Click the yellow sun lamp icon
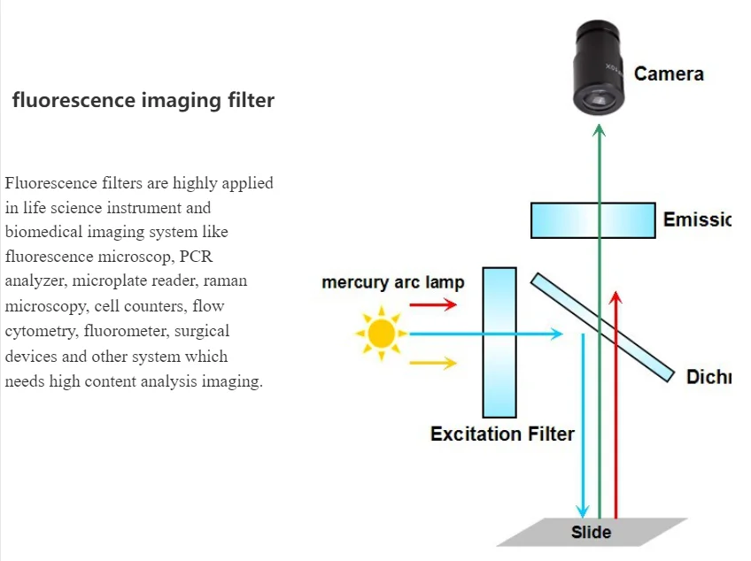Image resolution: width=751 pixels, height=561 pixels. pyautogui.click(x=382, y=334)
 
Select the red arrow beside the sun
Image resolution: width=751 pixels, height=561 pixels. pyautogui.click(x=433, y=304)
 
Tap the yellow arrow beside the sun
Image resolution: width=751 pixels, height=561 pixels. pyautogui.click(x=433, y=363)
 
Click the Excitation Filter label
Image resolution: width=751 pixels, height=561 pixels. pyautogui.click(x=502, y=434)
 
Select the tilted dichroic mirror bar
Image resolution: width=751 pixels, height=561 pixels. pyautogui.click(x=601, y=327)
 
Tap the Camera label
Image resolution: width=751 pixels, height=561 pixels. pyautogui.click(x=669, y=74)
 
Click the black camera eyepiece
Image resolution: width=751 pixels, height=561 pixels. pyautogui.click(x=600, y=68)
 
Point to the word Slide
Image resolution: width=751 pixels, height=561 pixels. pyautogui.click(x=591, y=532)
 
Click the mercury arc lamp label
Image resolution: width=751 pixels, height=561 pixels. pyautogui.click(x=392, y=283)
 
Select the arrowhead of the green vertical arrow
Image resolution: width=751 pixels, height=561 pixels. pyautogui.click(x=599, y=132)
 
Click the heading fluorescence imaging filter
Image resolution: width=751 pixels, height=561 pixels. pyautogui.click(x=143, y=100)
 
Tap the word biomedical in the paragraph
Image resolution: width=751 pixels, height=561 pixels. pyautogui.click(x=46, y=233)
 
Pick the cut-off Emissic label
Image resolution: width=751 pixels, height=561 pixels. pyautogui.click(x=696, y=219)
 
